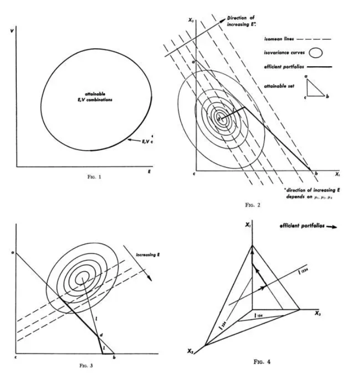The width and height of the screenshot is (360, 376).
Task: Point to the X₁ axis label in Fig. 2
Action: pos(337,174)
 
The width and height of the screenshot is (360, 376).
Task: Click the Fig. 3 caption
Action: pos(85,366)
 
